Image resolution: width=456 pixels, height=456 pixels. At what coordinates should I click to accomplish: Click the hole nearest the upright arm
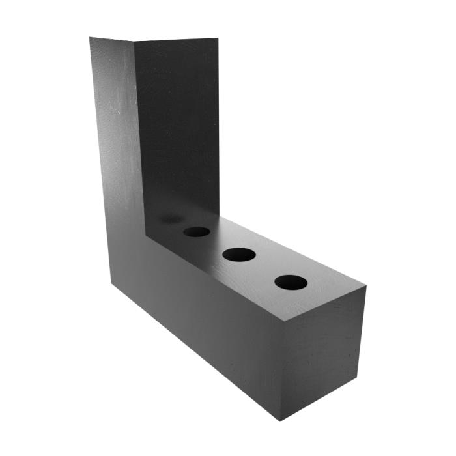point(196,231)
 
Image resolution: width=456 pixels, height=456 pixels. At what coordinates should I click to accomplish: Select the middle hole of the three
point(238,255)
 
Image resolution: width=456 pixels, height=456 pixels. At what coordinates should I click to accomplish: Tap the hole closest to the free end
point(291,282)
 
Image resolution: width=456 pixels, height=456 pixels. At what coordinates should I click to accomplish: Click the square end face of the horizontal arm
point(322,355)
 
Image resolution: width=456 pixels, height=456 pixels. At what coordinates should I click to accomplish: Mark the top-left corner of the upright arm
point(90,38)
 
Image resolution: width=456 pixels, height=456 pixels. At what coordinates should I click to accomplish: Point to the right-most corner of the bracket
point(365,287)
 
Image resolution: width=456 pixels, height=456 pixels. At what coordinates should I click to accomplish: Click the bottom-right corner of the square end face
point(358,377)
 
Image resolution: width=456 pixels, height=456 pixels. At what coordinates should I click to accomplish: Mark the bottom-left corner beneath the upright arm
point(111,282)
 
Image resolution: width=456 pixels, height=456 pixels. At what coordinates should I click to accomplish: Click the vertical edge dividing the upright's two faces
point(138,130)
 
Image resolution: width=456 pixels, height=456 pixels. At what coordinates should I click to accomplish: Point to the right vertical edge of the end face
point(362,332)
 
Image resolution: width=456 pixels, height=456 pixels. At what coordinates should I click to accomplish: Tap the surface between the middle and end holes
point(264,268)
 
